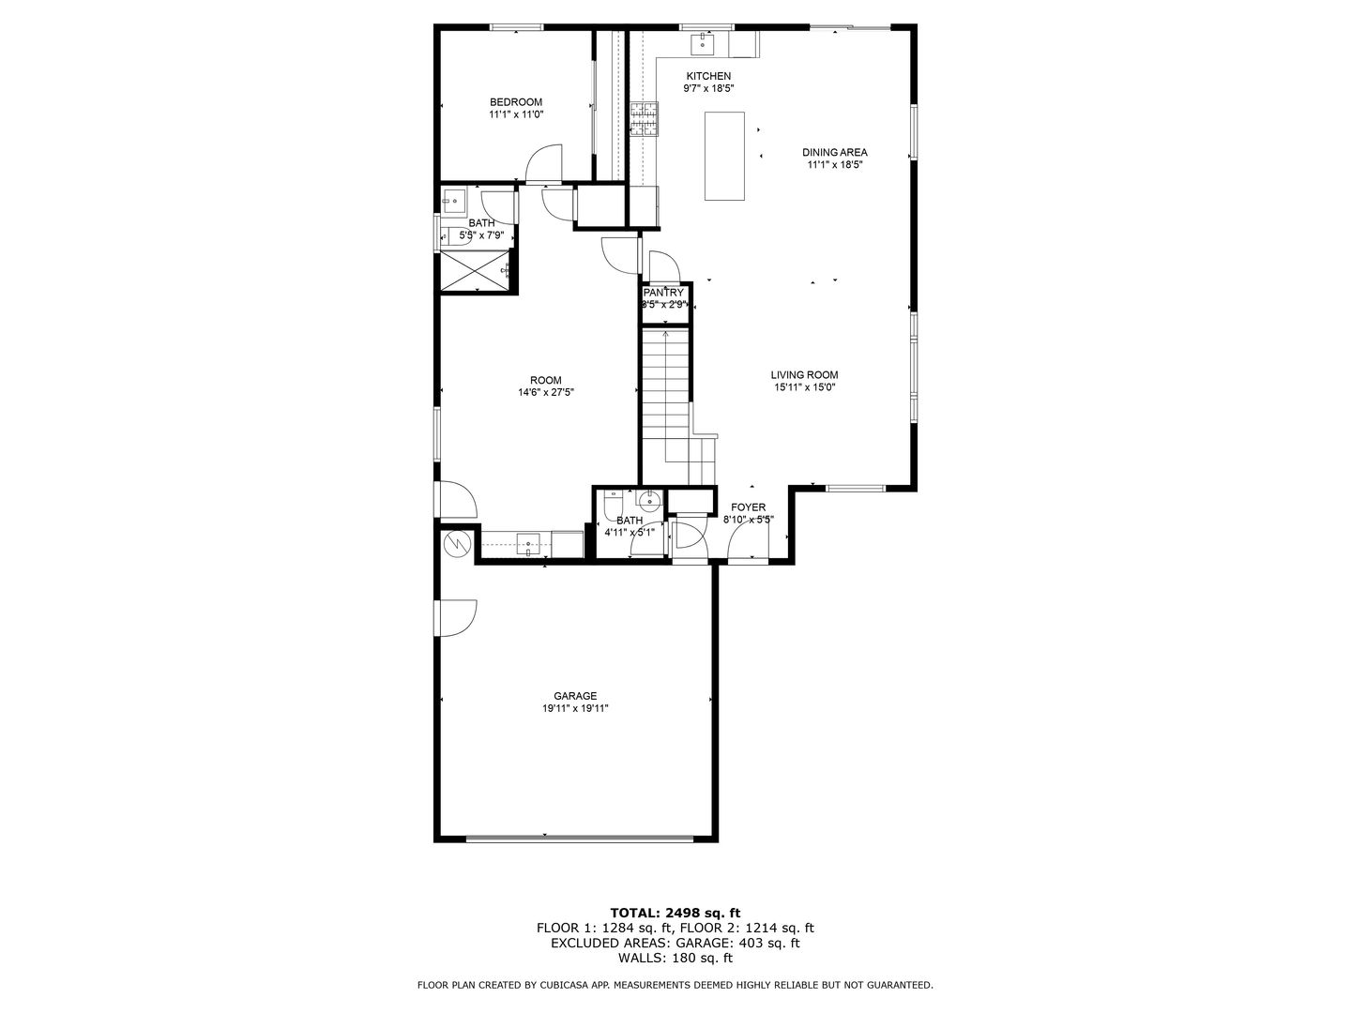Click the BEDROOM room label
[516, 102]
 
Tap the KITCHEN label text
[708, 76]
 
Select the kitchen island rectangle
[724, 156]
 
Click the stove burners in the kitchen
[644, 118]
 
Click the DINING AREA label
[834, 152]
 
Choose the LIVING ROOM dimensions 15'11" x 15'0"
[805, 387]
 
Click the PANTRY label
[664, 293]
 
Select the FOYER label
[748, 507]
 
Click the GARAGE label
[575, 696]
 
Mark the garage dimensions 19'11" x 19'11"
[575, 709]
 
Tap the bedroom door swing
[544, 161]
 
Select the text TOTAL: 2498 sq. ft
[675, 912]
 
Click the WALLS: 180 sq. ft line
[675, 959]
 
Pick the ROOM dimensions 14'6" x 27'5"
[546, 393]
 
